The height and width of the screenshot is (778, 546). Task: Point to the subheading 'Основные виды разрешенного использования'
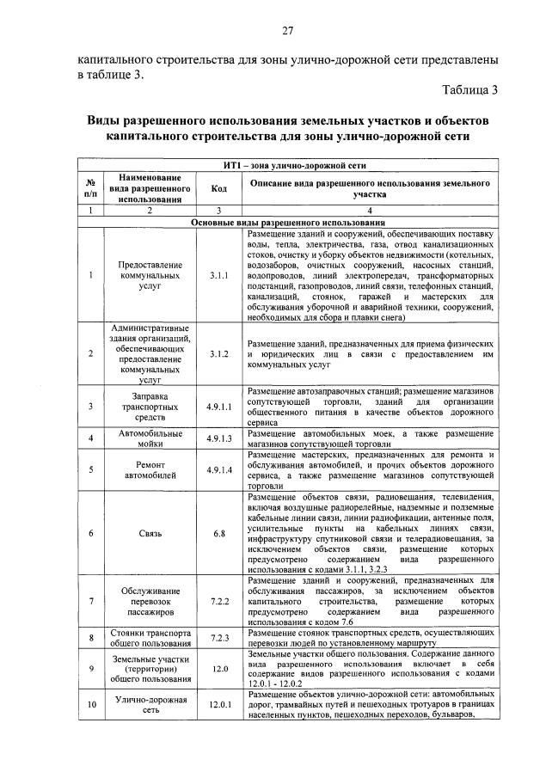pos(287,222)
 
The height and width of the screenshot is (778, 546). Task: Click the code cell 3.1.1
pos(218,276)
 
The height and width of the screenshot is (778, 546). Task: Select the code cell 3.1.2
pos(218,352)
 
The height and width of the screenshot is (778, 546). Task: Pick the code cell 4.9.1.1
pos(218,406)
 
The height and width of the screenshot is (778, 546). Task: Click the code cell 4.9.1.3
pos(218,438)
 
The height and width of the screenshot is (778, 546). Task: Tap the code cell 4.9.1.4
pos(218,469)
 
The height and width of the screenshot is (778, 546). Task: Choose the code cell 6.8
pos(218,533)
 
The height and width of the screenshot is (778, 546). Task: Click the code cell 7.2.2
pos(218,600)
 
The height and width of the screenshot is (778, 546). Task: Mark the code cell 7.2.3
pos(218,638)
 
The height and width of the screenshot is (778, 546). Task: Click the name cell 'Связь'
pos(150,533)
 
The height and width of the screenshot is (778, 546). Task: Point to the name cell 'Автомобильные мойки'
pos(150,438)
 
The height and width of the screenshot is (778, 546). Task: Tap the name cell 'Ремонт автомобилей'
pos(150,469)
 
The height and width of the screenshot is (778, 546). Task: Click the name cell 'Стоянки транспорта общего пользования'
pos(150,638)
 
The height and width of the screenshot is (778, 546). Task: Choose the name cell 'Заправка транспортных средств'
pos(150,406)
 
